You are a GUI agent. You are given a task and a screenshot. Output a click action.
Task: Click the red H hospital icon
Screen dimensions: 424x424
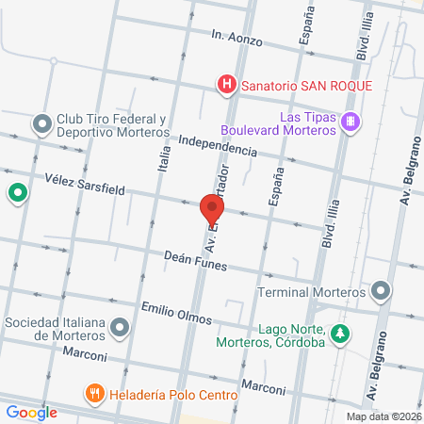pyautogui.click(x=227, y=86)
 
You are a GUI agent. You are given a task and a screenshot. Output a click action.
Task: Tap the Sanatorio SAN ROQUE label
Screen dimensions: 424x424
pyautogui.click(x=307, y=86)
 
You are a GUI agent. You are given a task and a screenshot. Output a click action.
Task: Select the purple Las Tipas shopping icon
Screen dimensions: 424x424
pyautogui.click(x=351, y=121)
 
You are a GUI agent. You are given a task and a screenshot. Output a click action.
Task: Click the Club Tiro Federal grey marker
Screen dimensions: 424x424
pyautogui.click(x=41, y=123)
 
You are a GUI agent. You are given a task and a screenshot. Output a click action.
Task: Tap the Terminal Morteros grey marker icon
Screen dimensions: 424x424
pyautogui.click(x=381, y=290)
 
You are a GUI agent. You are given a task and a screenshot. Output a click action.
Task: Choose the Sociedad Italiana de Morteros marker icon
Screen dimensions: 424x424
pyautogui.click(x=120, y=329)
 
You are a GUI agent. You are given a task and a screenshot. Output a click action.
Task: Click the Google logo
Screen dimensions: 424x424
pyautogui.click(x=31, y=412)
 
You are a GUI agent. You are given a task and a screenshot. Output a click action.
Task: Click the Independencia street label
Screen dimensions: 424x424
pyautogui.click(x=217, y=143)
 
